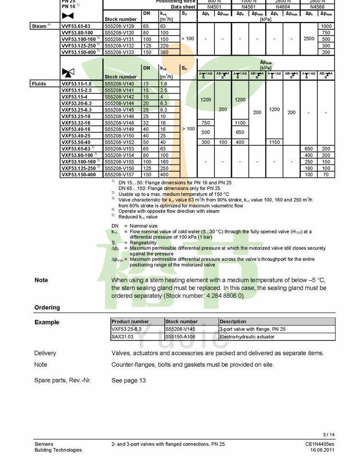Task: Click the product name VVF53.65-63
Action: pyautogui.click(x=76, y=26)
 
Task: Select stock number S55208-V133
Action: pyautogui.click(x=120, y=52)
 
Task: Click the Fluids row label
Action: pyautogui.click(x=39, y=84)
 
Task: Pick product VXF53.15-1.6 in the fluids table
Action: pyautogui.click(x=76, y=84)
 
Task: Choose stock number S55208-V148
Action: pyautogui.click(x=120, y=123)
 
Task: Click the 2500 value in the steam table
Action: pyautogui.click(x=309, y=39)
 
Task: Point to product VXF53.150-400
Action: pyautogui.click(x=79, y=175)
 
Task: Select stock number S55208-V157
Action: pyautogui.click(x=120, y=175)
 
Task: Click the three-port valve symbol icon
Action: pyautogui.click(x=68, y=72)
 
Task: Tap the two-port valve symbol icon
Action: pyautogui.click(x=68, y=16)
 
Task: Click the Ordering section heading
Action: pyautogui.click(x=47, y=307)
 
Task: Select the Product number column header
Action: pyautogui.click(x=130, y=321)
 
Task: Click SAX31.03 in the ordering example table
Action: pyautogui.click(x=123, y=337)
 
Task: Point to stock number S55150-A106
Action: pyautogui.click(x=180, y=337)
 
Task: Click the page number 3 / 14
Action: pyautogui.click(x=329, y=435)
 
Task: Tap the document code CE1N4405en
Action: pyautogui.click(x=320, y=444)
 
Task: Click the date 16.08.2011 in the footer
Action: pyautogui.click(x=322, y=450)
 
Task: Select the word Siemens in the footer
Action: pyautogui.click(x=44, y=444)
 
